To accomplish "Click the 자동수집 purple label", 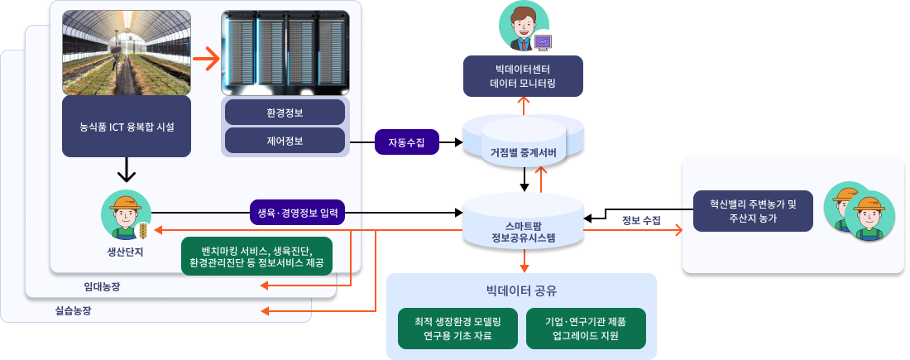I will tap(406, 142).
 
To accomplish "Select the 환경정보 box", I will tap(285, 113).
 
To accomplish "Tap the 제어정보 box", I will tap(285, 140).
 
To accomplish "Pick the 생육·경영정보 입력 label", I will tap(298, 213).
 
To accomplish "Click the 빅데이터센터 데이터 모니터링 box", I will tap(523, 76).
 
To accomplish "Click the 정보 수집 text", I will tap(640, 220).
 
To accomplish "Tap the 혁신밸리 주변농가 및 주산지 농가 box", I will tap(753, 211).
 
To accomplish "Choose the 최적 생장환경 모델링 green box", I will tap(457, 329).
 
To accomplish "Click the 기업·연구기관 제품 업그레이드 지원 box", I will tap(585, 329).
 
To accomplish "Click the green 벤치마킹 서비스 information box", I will tap(256, 257).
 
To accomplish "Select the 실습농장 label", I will tap(74, 311).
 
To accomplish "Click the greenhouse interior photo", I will tap(127, 52).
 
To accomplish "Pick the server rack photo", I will tap(285, 52).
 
